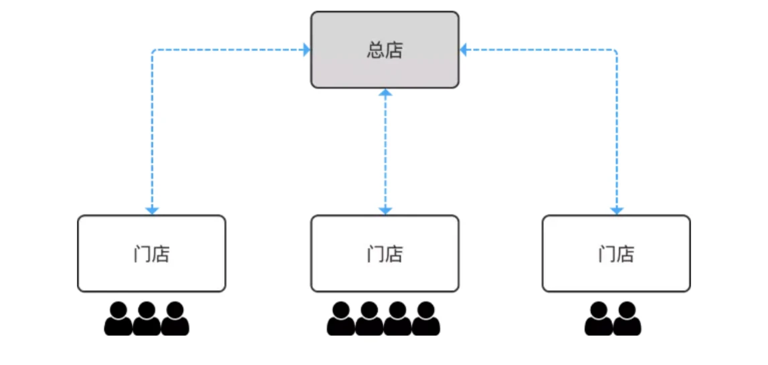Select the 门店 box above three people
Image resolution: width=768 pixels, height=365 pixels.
point(151,253)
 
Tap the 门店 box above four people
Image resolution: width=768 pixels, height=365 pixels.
point(385,253)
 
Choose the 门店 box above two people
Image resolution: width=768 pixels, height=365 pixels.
point(615,253)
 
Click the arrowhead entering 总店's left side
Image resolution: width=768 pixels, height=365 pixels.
point(306,49)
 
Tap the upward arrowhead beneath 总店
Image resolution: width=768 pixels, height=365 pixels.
point(385,94)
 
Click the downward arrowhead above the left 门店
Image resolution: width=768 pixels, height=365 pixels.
point(152,210)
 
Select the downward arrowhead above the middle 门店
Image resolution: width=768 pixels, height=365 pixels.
point(385,210)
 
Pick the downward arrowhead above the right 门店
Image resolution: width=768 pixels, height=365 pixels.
point(616,210)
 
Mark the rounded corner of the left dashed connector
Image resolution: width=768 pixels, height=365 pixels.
point(154,51)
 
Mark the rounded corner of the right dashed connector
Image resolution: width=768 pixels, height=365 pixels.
point(614,51)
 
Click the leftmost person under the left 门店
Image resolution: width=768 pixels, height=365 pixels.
point(118,320)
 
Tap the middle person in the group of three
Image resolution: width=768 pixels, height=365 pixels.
point(147,320)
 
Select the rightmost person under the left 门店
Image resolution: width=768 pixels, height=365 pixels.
point(175,320)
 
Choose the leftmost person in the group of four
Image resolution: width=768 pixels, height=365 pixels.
point(341,320)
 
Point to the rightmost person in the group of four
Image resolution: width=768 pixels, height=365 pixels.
point(425,320)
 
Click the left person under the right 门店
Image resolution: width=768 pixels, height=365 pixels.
point(599,320)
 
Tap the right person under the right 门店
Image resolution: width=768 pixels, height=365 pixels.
point(627,320)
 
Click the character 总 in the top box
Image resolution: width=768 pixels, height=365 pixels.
point(375,50)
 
